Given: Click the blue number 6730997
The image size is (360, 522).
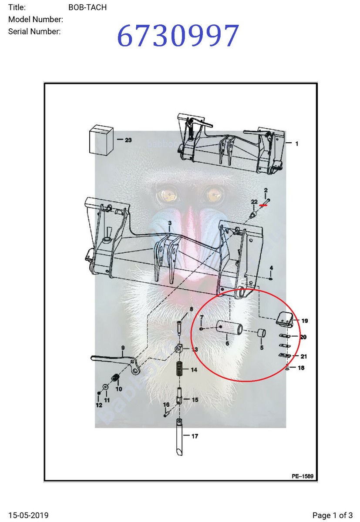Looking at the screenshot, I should (x=178, y=37).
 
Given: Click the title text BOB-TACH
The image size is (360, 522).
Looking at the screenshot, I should (x=87, y=7).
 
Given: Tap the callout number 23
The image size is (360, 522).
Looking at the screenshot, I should (x=128, y=140).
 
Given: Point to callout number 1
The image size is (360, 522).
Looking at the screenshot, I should (x=297, y=144).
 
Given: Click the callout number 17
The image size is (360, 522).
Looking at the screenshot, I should (x=195, y=436).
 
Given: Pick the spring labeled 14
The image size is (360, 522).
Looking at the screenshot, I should (x=178, y=370).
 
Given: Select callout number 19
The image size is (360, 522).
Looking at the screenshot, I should (x=305, y=321).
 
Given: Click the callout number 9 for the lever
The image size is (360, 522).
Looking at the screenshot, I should (x=123, y=348).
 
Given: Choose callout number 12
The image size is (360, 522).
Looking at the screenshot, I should (x=99, y=405).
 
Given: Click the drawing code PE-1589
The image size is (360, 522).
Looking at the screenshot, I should (x=302, y=476).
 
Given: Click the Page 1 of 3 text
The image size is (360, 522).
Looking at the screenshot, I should (x=333, y=515).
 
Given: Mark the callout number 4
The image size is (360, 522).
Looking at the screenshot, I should (x=271, y=268).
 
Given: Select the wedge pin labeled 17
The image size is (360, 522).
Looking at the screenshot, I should (x=179, y=439).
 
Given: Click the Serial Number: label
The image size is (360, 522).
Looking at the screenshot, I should (x=34, y=31).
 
